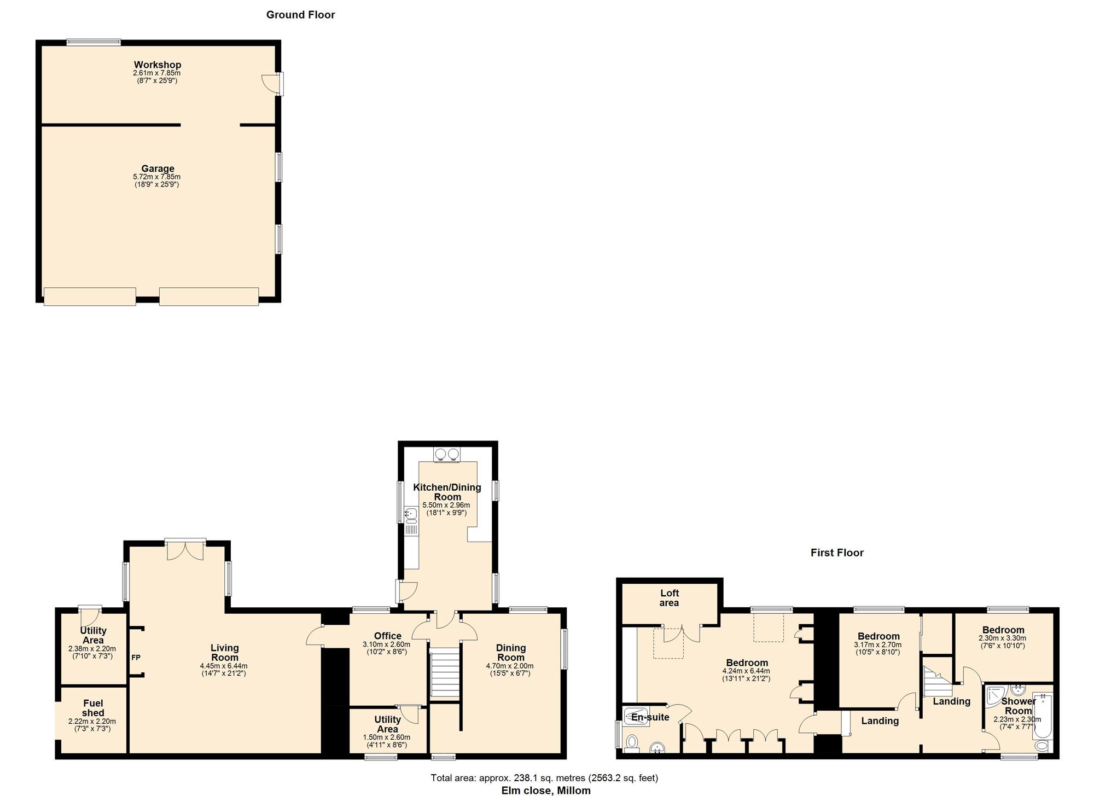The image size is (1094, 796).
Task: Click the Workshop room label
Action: [158, 65]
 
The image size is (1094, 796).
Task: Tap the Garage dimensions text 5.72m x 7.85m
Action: [157, 177]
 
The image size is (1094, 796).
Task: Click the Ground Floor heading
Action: [300, 15]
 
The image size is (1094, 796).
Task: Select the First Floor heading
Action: [837, 553]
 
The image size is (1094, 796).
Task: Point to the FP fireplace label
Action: [136, 657]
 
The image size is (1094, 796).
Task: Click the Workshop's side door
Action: [272, 83]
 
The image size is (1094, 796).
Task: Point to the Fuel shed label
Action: [93, 708]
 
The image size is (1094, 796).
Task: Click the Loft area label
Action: [669, 597]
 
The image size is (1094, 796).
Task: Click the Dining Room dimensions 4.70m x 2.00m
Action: [509, 666]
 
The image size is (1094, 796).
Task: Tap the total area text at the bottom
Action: [544, 777]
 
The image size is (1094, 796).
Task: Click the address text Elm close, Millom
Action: [546, 790]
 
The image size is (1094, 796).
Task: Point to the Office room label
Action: [387, 636]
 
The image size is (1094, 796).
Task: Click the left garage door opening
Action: [90, 297]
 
